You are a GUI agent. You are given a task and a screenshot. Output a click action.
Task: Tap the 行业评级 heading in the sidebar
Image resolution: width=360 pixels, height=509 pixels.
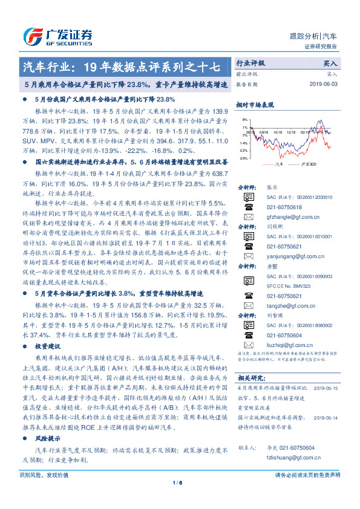[x=250, y=63]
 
